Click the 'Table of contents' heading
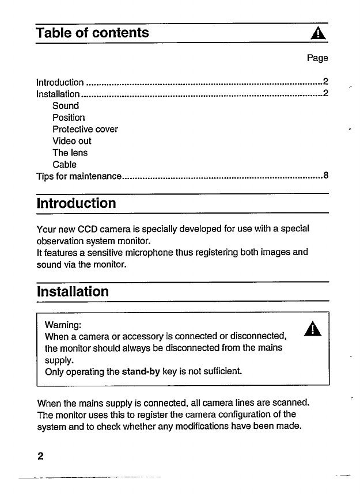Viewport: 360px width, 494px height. click(x=92, y=32)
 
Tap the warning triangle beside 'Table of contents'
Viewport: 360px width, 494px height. click(x=318, y=34)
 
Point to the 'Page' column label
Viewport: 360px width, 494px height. click(x=317, y=58)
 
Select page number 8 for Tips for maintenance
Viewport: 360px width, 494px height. click(x=326, y=176)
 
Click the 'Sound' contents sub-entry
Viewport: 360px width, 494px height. click(x=66, y=106)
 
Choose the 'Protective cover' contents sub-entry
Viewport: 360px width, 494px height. click(x=85, y=129)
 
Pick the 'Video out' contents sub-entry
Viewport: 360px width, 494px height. click(x=71, y=141)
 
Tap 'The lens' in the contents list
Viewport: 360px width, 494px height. click(x=70, y=153)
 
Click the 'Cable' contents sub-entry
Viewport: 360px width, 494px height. click(x=65, y=165)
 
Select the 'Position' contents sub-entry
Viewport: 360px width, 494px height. click(x=69, y=117)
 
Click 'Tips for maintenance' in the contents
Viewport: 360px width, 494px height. click(x=78, y=176)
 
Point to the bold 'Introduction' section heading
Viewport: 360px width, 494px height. click(x=76, y=203)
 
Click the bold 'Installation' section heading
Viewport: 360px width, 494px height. click(x=73, y=291)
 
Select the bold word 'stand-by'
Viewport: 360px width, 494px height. click(x=141, y=372)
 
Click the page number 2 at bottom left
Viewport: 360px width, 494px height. click(x=40, y=457)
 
